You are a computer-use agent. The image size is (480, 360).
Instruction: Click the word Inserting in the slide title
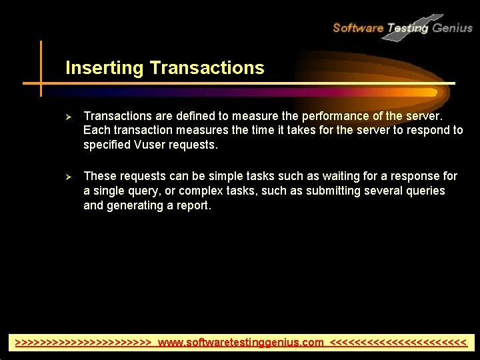point(105,68)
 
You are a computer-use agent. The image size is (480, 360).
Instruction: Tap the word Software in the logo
point(358,28)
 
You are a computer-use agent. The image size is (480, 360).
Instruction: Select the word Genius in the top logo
point(452,28)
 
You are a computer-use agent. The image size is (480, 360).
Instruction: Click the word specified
point(108,145)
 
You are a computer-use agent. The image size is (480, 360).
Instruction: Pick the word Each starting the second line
point(96,130)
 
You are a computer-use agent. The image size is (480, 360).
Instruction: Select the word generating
point(136,206)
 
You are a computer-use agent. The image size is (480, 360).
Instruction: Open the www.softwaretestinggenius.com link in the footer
point(241,343)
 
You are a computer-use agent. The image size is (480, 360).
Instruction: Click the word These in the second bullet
point(99,177)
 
